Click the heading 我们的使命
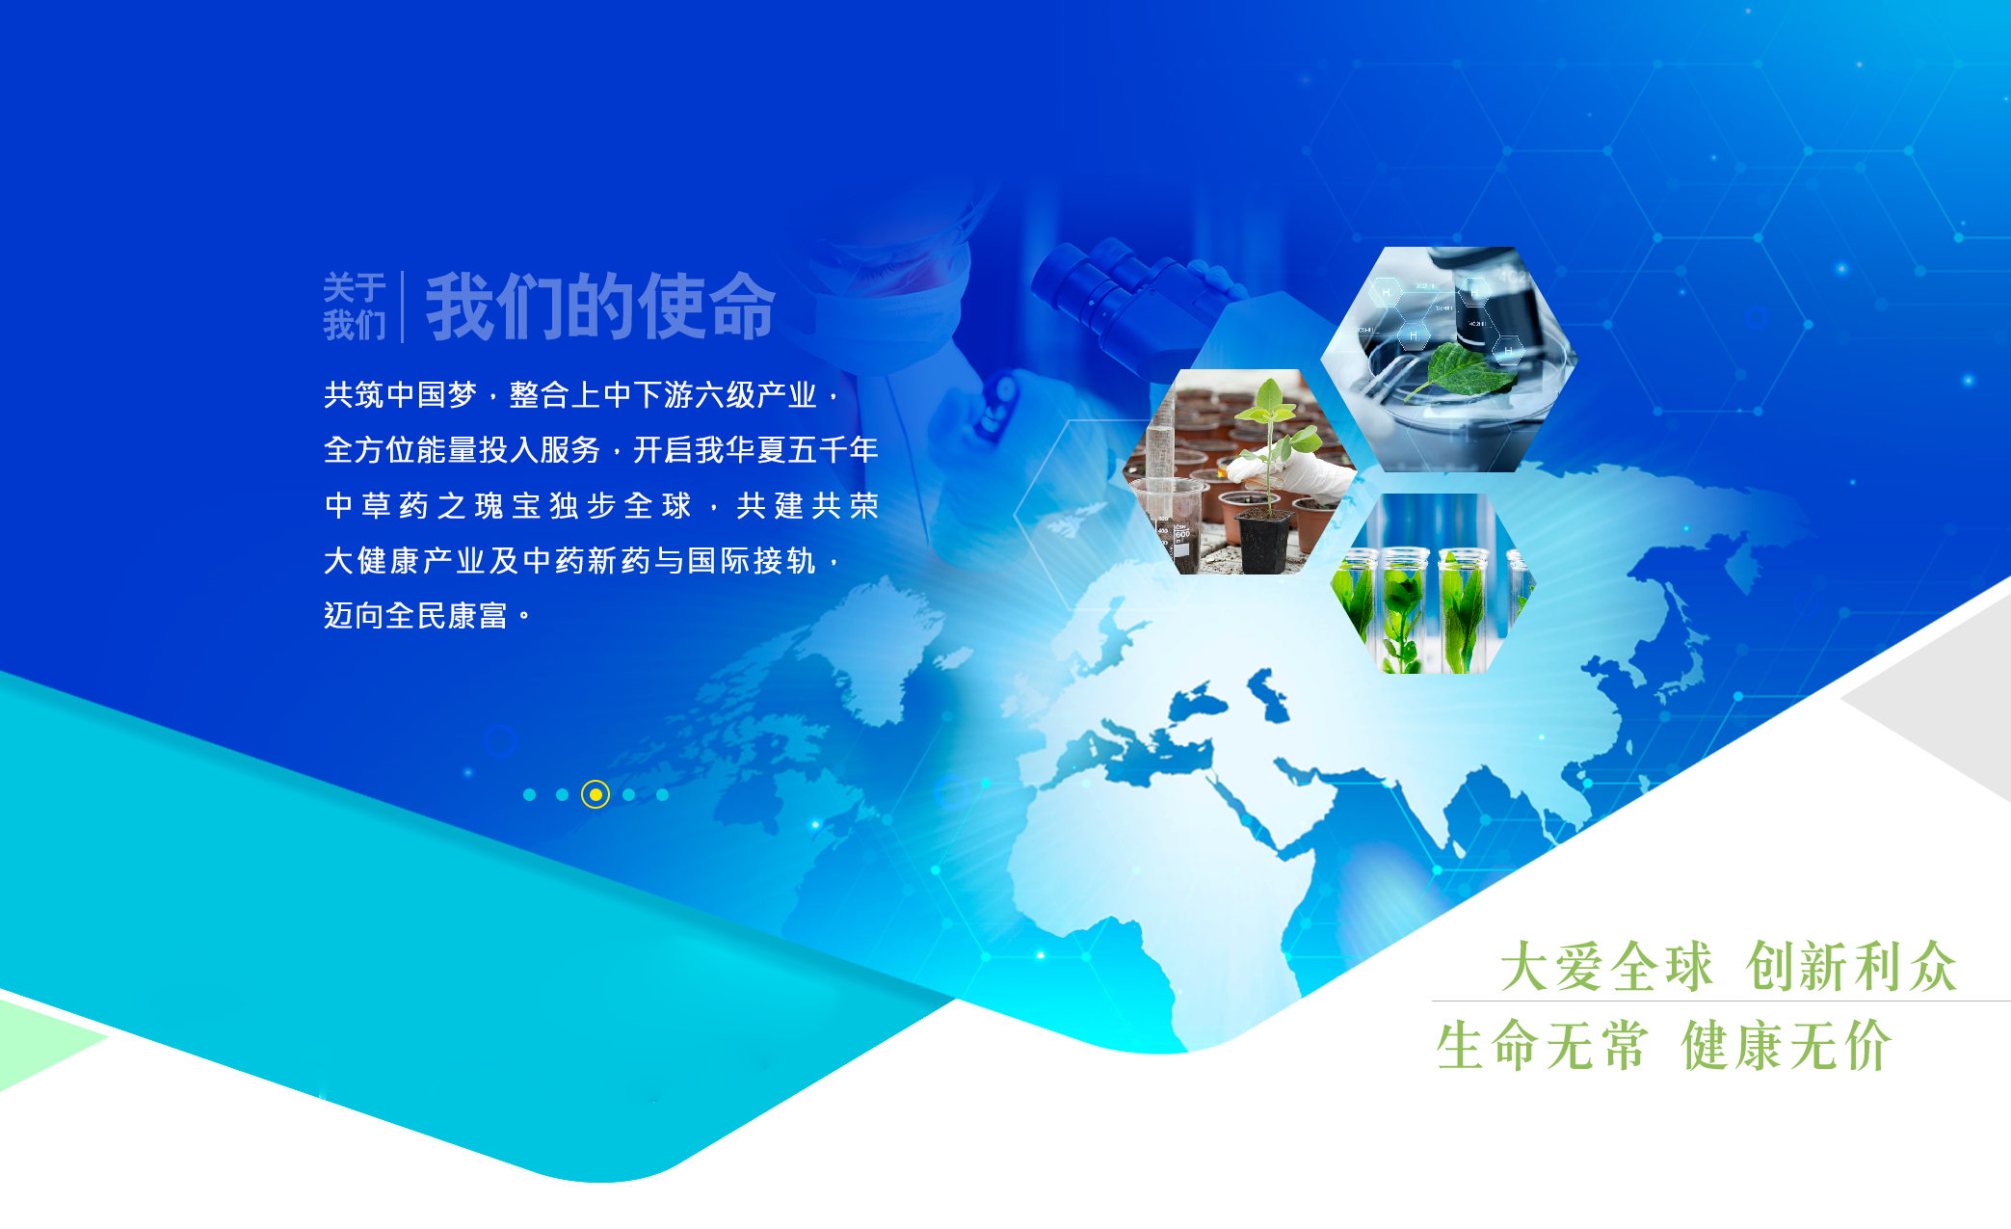pos(600,307)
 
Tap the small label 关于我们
pos(354,307)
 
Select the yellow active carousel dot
pos(595,794)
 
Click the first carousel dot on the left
pos(529,794)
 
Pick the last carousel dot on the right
pos(662,794)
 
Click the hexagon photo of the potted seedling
pos(1240,472)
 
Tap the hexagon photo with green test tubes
pos(1433,583)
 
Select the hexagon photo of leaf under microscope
pos(1448,359)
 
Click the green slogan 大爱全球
pos(1606,966)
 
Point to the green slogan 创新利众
pos(1851,966)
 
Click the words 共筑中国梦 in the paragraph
pos(400,394)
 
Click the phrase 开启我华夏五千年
pos(755,449)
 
